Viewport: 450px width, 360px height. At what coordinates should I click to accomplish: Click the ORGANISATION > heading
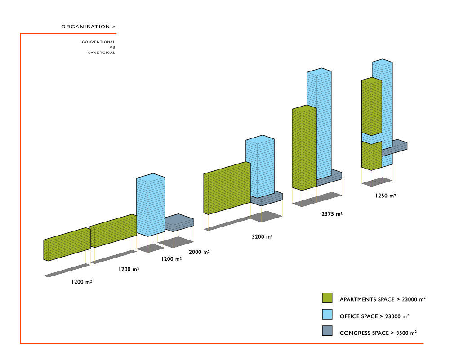click(x=88, y=27)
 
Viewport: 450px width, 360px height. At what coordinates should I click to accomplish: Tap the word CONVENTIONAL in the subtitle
click(x=98, y=42)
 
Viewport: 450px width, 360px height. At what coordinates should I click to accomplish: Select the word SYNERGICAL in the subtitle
click(x=102, y=53)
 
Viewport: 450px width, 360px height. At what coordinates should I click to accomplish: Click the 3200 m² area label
click(x=262, y=236)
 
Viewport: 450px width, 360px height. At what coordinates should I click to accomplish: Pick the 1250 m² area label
click(x=386, y=196)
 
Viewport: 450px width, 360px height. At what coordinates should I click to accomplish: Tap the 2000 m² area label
click(x=199, y=252)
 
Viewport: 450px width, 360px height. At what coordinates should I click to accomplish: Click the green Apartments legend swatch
click(x=327, y=298)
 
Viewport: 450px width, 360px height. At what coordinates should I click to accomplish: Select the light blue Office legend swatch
click(x=327, y=315)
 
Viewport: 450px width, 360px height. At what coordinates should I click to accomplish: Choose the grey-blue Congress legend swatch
click(x=327, y=331)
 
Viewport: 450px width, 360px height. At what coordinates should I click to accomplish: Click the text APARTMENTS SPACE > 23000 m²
click(x=383, y=299)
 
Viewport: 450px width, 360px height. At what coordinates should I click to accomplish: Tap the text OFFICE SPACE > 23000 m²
click(x=374, y=316)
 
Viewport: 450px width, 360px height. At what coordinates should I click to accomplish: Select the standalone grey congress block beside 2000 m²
click(x=179, y=222)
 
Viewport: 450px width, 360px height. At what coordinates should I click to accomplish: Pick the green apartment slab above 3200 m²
click(x=227, y=188)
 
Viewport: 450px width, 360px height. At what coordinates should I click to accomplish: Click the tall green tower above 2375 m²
click(x=304, y=148)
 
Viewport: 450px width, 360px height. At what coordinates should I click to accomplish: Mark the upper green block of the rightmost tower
click(x=371, y=106)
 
